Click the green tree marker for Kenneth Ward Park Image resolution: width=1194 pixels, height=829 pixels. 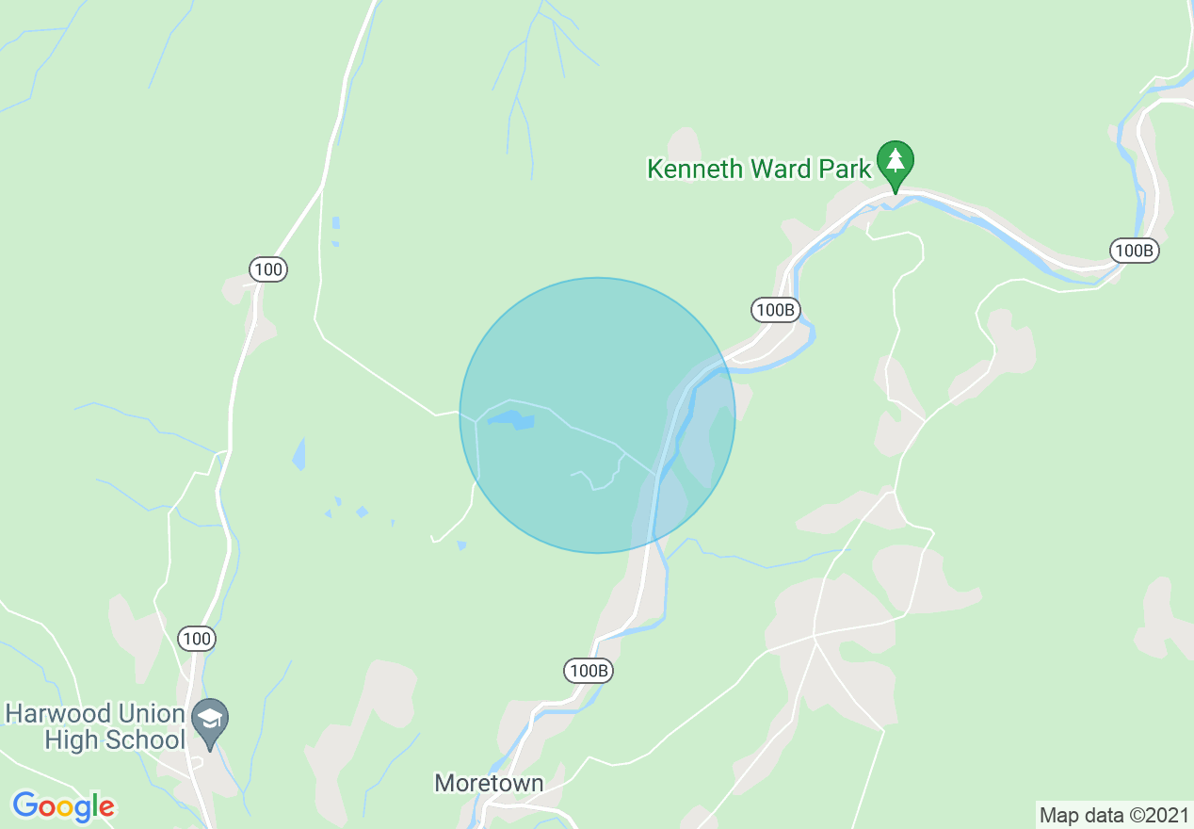tap(895, 162)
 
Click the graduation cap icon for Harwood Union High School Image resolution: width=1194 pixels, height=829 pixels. tap(210, 719)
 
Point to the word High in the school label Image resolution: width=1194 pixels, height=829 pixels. tap(71, 740)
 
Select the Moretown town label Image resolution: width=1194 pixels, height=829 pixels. tap(489, 783)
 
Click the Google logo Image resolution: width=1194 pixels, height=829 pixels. tap(63, 806)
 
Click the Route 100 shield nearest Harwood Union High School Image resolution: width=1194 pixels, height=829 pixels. tap(197, 639)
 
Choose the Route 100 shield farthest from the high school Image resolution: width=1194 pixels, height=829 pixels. tap(268, 270)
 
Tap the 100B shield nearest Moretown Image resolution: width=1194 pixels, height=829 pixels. tap(589, 671)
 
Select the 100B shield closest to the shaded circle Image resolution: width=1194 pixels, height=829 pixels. tap(776, 309)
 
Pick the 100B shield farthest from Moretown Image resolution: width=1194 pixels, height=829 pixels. tap(1133, 251)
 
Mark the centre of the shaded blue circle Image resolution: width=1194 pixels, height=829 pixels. tap(597, 415)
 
